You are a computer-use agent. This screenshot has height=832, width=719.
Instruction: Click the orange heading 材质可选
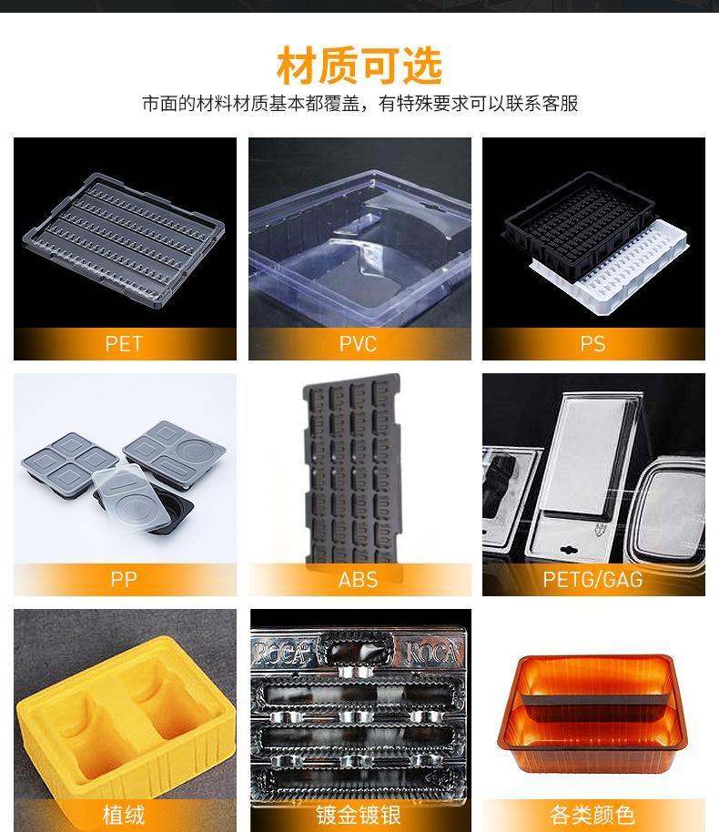click(x=359, y=66)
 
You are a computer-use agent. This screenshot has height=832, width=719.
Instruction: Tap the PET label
click(x=124, y=344)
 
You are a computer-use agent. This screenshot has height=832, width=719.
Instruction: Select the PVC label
click(x=359, y=344)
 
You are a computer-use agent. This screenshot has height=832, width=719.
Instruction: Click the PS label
click(x=592, y=344)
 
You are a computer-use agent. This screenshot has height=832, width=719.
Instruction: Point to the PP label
click(x=124, y=579)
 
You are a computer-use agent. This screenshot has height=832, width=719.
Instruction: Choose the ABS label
click(x=359, y=580)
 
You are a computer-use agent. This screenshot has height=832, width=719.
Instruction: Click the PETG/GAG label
click(x=592, y=580)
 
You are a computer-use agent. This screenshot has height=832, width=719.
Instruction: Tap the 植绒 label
click(x=124, y=815)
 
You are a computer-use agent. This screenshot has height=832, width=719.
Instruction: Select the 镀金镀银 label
click(x=359, y=815)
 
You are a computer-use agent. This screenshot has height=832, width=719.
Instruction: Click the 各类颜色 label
click(x=592, y=815)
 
